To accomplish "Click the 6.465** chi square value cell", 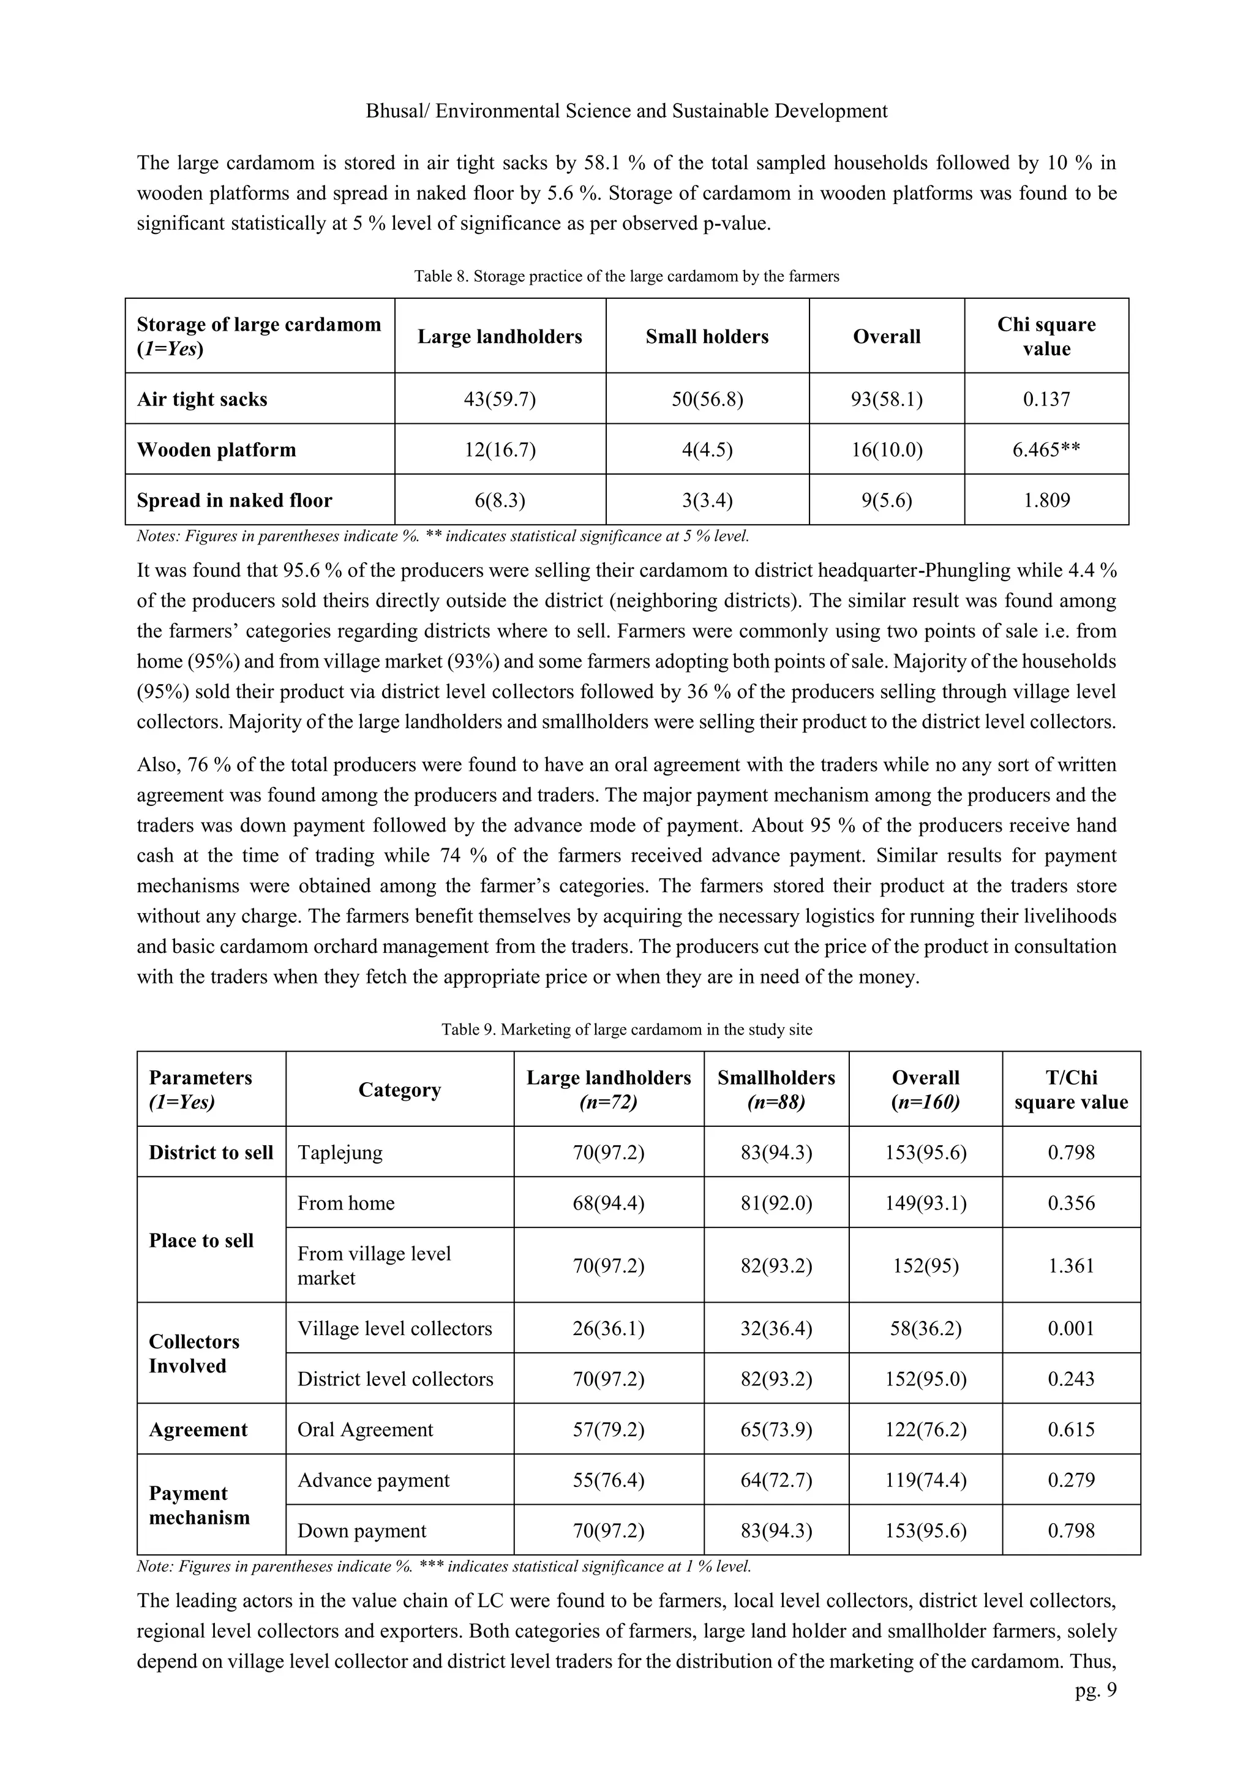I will [x=1046, y=450].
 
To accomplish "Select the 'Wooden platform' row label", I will [x=216, y=450].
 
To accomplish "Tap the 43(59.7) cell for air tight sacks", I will [x=500, y=399].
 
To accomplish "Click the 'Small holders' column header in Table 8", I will [x=707, y=337].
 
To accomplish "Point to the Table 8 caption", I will [x=626, y=276].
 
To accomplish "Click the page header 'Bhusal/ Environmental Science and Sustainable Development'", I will [x=626, y=111].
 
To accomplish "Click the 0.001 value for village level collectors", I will [x=1070, y=1328].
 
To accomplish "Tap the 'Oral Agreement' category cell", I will [x=365, y=1429].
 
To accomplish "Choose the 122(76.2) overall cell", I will [x=925, y=1429].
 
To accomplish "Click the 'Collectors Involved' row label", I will [x=195, y=1353].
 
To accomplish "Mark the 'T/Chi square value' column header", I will [x=1070, y=1089].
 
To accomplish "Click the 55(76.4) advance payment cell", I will [x=609, y=1480].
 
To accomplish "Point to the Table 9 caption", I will [x=626, y=1030].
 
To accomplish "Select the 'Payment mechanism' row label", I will [x=199, y=1505].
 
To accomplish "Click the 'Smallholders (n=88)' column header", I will [x=775, y=1089].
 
